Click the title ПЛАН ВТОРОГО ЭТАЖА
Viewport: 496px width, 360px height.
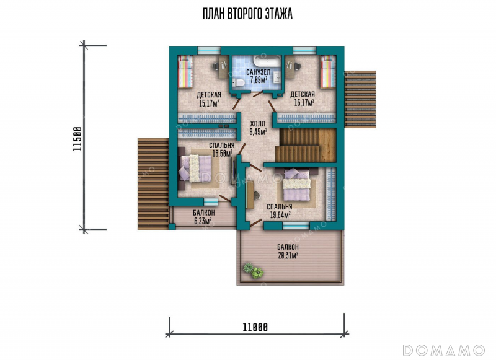coord(247,14)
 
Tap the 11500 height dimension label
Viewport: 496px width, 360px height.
coord(77,139)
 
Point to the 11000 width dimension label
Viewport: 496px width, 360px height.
coord(255,327)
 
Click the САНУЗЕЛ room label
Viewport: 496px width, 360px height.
coord(258,72)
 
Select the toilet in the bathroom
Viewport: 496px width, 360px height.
coord(237,83)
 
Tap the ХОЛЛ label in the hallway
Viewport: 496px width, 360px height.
coord(258,123)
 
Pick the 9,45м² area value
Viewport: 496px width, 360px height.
coord(258,131)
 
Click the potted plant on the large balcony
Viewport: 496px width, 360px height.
coord(253,271)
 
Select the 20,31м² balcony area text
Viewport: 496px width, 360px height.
coord(288,255)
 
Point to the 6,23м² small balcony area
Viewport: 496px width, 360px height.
coord(203,221)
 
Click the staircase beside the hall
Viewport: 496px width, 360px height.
coord(305,146)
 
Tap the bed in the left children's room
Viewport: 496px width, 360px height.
coord(185,72)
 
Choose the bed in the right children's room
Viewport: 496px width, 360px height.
coord(328,72)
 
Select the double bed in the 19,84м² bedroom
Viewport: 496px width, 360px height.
coord(296,185)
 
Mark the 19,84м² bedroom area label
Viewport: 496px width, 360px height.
coord(280,215)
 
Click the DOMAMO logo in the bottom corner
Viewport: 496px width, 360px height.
coord(444,350)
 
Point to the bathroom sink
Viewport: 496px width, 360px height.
coord(277,76)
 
